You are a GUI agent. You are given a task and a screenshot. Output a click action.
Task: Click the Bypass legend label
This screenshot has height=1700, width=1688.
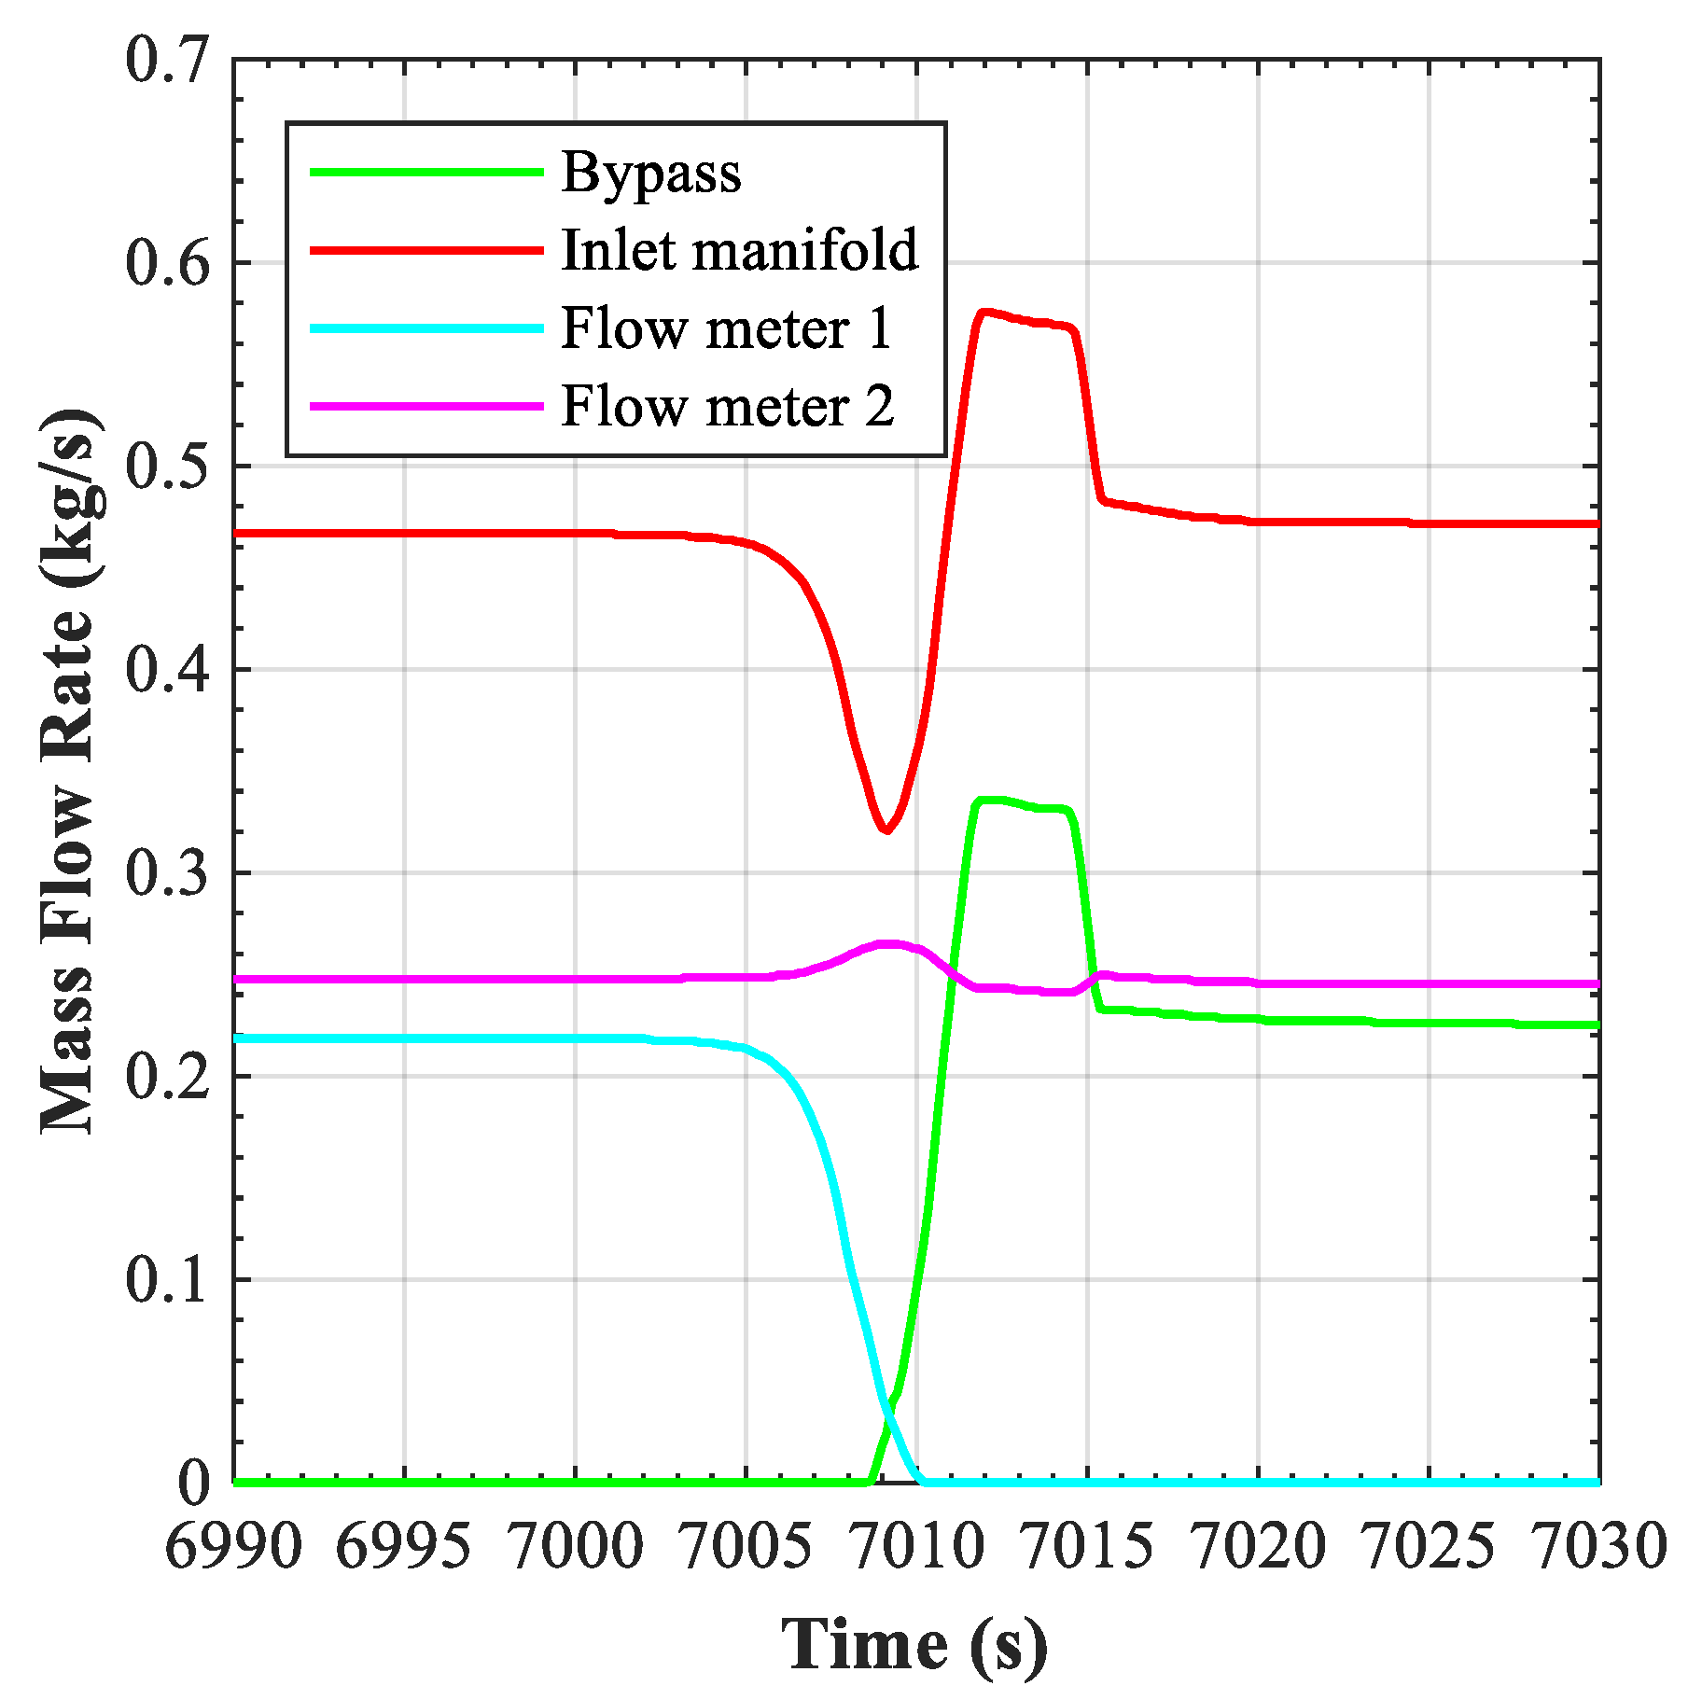point(650,174)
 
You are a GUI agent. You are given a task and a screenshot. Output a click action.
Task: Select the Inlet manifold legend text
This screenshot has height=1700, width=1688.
point(739,251)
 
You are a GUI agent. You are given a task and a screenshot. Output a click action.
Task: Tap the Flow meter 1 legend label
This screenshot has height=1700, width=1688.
point(726,329)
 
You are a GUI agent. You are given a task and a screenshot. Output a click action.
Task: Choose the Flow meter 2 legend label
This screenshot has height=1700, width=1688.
point(727,407)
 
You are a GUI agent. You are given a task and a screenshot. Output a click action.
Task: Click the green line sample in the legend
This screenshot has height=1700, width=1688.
point(426,172)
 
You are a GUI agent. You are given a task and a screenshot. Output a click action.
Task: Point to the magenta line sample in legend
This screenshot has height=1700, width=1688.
point(426,406)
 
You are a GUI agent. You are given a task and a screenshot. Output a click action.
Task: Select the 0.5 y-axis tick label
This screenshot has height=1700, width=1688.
point(165,467)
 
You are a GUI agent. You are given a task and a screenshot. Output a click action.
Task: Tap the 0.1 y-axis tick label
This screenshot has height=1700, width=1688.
point(165,1279)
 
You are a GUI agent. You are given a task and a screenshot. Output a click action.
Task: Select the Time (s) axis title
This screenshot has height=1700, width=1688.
point(914,1644)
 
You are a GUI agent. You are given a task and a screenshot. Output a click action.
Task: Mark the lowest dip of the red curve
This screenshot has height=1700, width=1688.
point(886,829)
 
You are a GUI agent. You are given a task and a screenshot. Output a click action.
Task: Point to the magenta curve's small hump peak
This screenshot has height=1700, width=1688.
point(891,944)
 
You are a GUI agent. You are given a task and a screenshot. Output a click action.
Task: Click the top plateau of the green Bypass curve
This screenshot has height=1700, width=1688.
point(1017,803)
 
